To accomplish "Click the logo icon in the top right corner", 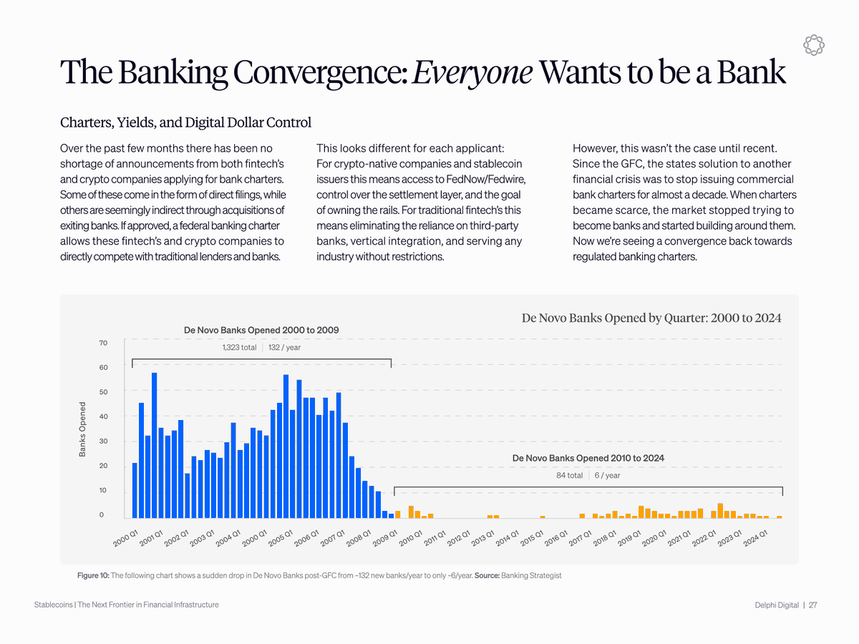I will coord(813,44).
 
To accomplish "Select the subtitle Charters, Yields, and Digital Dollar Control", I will coord(185,122).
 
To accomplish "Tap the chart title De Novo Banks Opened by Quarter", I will coord(651,318).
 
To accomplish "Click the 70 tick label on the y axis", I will coord(103,343).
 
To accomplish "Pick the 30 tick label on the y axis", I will coord(103,441).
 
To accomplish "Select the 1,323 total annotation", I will coord(239,348).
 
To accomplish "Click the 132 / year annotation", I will coord(284,348).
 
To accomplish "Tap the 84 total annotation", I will coord(569,475).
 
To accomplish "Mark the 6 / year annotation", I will coord(607,475).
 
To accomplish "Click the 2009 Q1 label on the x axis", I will coord(385,537).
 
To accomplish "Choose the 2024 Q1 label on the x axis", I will coord(756,537).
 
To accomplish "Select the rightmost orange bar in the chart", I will coord(780,517).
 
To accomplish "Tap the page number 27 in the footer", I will coord(813,605).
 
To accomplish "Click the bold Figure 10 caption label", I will coord(94,575).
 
